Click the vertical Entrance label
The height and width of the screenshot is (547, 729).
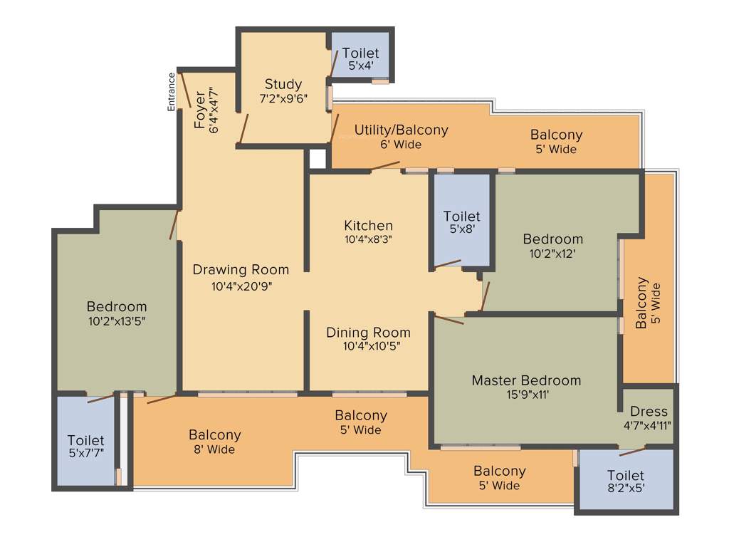point(171,92)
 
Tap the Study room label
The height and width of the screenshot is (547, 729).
point(283,84)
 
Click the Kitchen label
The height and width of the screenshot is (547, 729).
point(368,226)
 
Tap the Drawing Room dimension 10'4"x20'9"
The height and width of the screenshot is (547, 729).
point(241,286)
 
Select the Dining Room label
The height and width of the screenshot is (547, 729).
point(368,333)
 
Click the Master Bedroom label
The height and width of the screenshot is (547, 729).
point(526,380)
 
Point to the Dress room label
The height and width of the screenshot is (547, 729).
point(649,412)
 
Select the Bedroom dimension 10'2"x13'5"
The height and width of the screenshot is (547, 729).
point(117,321)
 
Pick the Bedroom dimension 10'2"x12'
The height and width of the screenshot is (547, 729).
point(552,253)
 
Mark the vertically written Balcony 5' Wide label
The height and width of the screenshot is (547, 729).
point(649,303)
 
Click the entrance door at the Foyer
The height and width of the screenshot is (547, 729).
point(183,90)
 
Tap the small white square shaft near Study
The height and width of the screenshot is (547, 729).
point(317,158)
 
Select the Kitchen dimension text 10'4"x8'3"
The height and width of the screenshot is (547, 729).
point(368,240)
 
